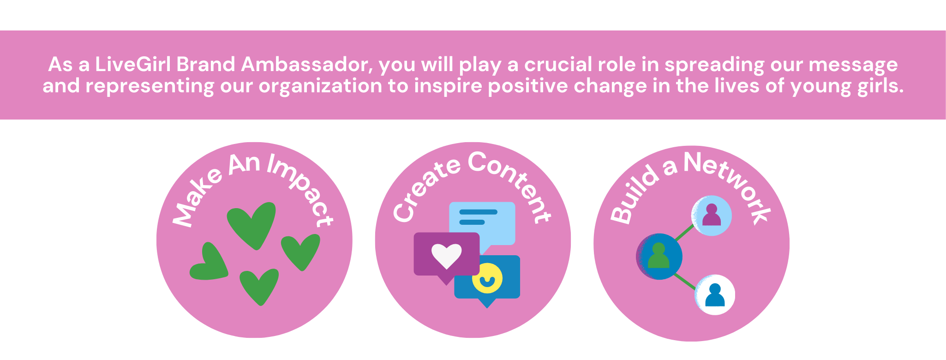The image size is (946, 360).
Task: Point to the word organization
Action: [x=320, y=86]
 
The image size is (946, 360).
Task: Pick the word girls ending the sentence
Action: [x=880, y=86]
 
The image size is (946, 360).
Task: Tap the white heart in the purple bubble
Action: [x=446, y=255]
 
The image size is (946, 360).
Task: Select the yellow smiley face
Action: [x=487, y=278]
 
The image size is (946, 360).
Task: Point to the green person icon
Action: [x=659, y=257]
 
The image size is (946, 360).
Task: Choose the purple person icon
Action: [x=712, y=215]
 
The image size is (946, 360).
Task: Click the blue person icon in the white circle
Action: [x=715, y=295]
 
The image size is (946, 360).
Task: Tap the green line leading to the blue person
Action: [x=686, y=282]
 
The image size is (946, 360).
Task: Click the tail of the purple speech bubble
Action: [x=446, y=280]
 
